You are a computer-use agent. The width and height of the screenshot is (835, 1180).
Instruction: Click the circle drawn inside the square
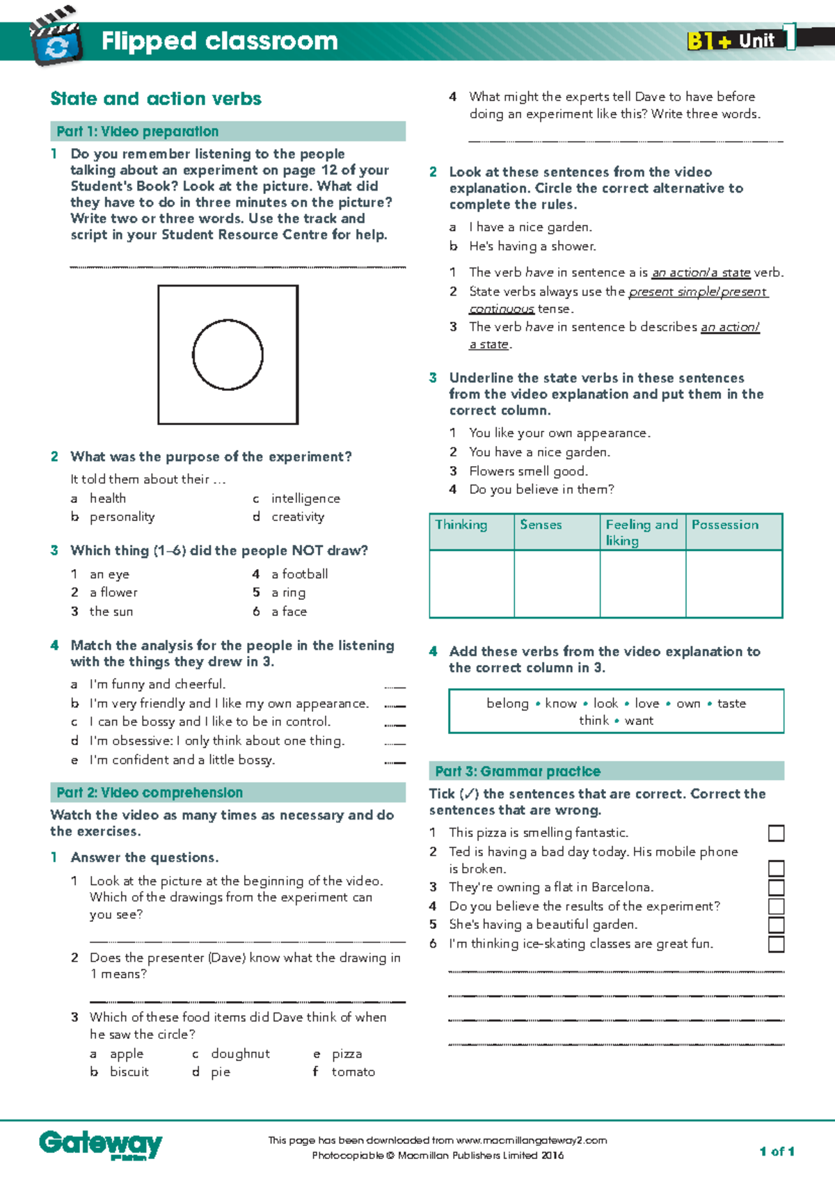228,355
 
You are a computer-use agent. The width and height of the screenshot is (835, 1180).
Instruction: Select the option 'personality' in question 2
122,517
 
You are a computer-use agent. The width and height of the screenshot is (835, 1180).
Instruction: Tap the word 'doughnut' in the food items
240,1053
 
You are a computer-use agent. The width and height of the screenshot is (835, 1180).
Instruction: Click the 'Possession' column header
725,525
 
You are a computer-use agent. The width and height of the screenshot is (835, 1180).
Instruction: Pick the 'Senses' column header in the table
541,525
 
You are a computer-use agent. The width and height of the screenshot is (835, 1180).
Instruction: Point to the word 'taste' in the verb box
731,703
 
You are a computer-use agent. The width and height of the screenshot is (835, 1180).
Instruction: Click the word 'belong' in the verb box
507,703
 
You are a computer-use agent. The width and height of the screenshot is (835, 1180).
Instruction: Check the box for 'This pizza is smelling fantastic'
776,833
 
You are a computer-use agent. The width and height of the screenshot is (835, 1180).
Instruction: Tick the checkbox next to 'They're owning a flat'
776,887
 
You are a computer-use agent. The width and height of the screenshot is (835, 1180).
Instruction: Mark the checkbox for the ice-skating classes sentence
776,944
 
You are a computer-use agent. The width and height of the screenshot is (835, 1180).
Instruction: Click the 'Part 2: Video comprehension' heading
150,792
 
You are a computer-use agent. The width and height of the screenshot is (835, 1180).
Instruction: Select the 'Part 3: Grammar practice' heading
518,771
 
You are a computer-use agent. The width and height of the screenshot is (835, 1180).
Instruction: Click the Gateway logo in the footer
100,1144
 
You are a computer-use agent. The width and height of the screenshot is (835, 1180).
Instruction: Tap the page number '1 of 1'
777,1151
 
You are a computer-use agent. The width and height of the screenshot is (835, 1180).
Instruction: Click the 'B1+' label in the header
709,40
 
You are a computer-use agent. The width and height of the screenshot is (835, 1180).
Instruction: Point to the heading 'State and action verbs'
156,99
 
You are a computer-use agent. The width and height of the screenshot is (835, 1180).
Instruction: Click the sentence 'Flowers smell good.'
528,471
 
